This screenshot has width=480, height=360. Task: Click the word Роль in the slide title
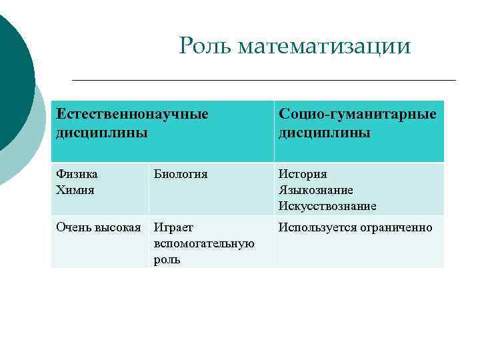click(x=205, y=46)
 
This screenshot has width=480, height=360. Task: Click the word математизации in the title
click(x=324, y=47)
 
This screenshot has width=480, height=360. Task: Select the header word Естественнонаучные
click(x=132, y=114)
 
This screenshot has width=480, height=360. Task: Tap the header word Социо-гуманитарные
click(x=358, y=114)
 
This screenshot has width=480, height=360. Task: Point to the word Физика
click(x=77, y=174)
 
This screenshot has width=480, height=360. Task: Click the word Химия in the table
click(x=75, y=190)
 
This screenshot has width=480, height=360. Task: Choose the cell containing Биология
click(x=181, y=174)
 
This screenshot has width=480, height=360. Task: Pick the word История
click(x=303, y=174)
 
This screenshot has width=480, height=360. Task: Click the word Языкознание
click(x=316, y=190)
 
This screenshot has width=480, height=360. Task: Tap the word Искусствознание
click(x=327, y=206)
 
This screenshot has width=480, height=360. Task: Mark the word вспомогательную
click(x=204, y=243)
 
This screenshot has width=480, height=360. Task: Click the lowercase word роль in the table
click(x=167, y=259)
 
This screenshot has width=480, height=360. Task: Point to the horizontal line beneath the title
click(x=263, y=80)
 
